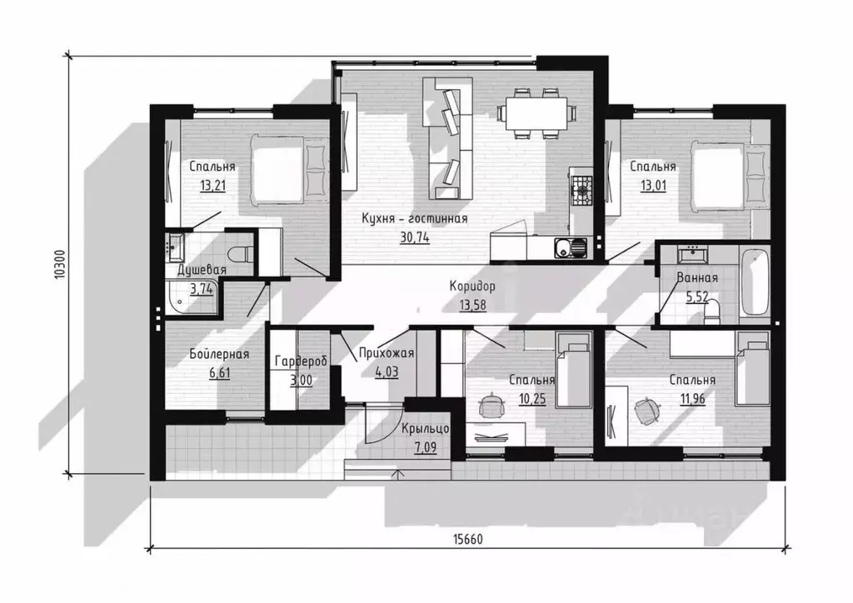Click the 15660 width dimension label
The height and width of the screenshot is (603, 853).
468,539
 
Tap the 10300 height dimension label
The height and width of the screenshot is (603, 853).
60,265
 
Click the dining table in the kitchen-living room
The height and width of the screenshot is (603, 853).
536,113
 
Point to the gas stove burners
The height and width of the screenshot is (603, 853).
581,190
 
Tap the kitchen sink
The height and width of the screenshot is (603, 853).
571,248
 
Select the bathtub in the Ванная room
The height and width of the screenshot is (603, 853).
755,282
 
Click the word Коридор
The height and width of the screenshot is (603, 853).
472,286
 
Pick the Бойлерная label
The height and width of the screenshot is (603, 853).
219,354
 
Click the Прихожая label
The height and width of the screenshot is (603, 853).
387,353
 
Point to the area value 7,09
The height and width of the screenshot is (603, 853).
426,448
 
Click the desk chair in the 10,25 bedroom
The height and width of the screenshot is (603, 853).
492,405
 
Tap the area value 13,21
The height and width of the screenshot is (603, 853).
212,186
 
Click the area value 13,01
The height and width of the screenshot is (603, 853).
653,186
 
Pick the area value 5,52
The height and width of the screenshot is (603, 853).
697,297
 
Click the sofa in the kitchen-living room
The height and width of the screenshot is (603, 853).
447,138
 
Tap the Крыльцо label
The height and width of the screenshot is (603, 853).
426,429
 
